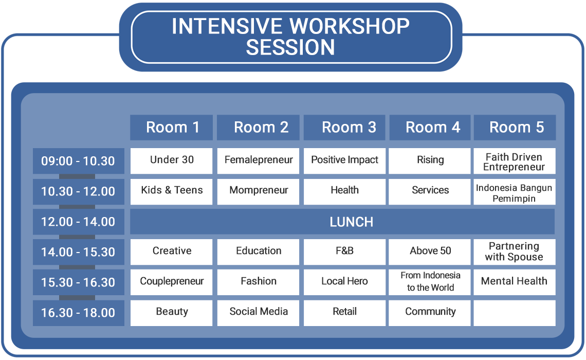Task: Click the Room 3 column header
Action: [344, 128]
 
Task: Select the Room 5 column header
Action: [515, 128]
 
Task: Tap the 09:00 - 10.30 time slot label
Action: [79, 161]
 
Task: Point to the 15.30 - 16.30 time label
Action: [79, 282]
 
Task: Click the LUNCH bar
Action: [342, 222]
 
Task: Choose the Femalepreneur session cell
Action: [258, 161]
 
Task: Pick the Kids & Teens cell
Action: [171, 191]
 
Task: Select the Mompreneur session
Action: [258, 191]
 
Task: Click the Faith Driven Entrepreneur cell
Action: [515, 161]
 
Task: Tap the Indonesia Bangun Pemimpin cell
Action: [515, 191]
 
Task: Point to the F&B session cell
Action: [344, 252]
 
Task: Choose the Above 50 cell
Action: [430, 252]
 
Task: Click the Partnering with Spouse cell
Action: [515, 252]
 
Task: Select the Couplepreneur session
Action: [171, 282]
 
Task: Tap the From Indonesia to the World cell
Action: [430, 282]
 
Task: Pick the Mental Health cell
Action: [515, 282]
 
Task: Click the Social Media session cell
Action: [258, 313]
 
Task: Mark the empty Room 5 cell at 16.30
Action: [515, 313]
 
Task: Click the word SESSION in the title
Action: [290, 47]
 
